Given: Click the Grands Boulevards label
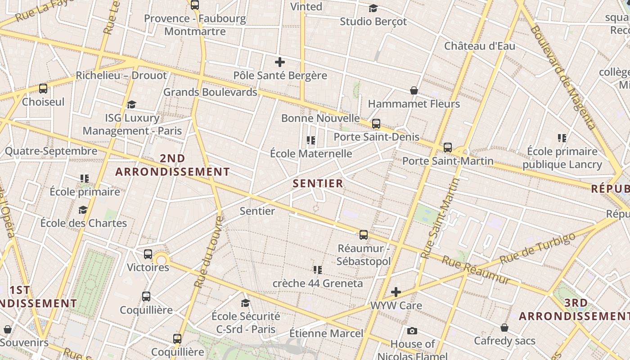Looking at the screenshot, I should tap(210, 92).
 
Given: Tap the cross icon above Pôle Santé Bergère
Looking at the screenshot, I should tap(280, 62).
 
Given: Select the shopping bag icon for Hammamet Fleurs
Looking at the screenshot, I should tap(414, 90).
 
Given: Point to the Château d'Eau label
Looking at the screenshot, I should tap(480, 46).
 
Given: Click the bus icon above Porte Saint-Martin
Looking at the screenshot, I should tap(447, 147).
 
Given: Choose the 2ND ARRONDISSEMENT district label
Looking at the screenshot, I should tap(173, 165).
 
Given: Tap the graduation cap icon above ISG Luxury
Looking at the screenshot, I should tap(131, 104).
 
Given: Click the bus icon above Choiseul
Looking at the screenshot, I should tap(43, 88).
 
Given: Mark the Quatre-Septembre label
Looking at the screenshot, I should tap(51, 151).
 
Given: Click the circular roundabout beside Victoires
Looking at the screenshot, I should tap(161, 260).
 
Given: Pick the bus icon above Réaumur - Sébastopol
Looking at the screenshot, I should tap(364, 234).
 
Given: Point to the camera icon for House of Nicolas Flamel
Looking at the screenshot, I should tap(412, 331).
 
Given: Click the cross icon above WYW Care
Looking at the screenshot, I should tap(396, 292).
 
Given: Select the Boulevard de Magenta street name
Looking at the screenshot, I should tap(562, 76).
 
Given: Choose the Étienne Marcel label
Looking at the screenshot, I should tap(326, 333).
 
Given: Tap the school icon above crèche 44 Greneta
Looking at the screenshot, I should tap(318, 270).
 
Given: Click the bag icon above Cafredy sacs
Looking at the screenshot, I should tap(504, 328).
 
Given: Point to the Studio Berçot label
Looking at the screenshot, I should tap(373, 21).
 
